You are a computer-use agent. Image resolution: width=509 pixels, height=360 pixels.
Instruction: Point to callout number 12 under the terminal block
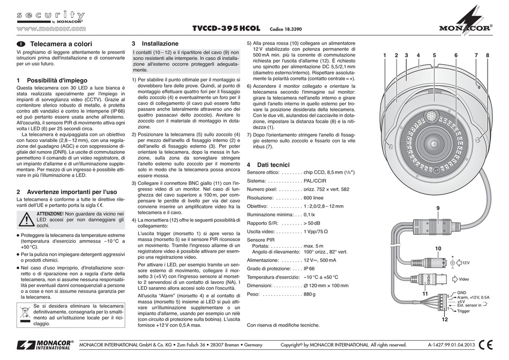tap(444, 320)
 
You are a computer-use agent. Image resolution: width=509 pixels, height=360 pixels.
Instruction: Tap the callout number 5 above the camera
tap(434, 55)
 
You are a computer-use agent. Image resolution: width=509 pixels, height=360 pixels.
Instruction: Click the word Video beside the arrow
tap(464, 279)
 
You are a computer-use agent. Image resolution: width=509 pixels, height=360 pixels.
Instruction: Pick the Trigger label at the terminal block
tap(463, 311)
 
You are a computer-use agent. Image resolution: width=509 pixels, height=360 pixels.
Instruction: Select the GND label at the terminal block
tap(461, 293)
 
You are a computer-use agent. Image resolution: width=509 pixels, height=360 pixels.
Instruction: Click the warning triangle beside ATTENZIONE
tap(25, 219)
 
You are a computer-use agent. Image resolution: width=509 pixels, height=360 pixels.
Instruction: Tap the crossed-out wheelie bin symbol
tap(26, 313)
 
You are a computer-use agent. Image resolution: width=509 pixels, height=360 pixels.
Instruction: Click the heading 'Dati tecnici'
tap(273, 164)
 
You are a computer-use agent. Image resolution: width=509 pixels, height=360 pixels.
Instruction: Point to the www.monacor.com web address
tap(51, 28)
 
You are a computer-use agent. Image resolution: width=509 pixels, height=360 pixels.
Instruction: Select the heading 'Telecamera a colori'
tap(62, 43)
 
